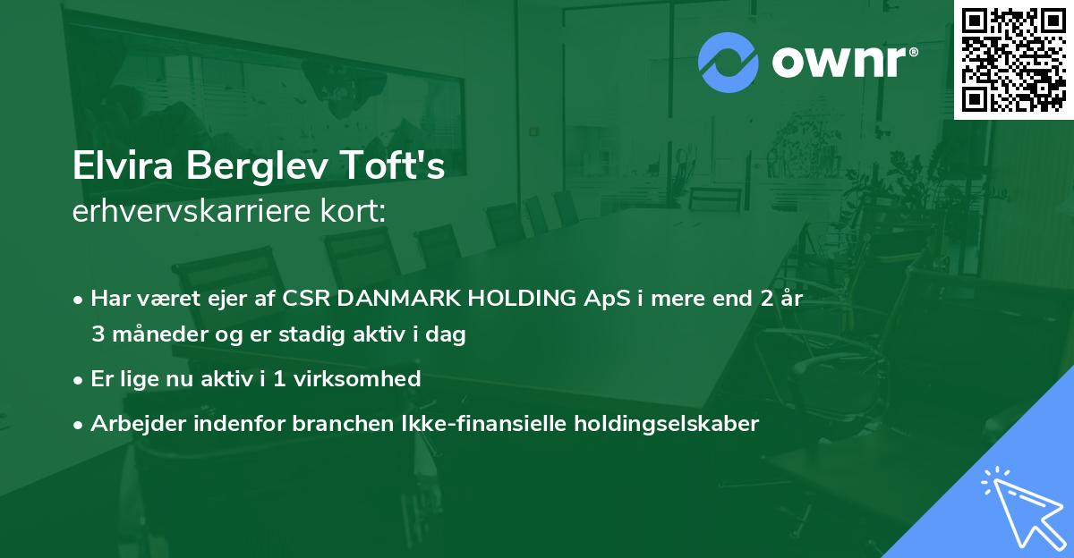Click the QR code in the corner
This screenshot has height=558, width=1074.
pyautogui.click(x=1013, y=59)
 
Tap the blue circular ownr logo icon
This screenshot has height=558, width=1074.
pyautogui.click(x=728, y=63)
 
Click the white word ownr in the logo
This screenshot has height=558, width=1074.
pyautogui.click(x=839, y=62)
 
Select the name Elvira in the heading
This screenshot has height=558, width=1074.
pyautogui.click(x=123, y=165)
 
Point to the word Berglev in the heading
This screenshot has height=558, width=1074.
pyautogui.click(x=257, y=166)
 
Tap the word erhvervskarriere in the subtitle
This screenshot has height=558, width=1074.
pyautogui.click(x=192, y=211)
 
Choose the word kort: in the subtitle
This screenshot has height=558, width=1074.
pyautogui.click(x=353, y=211)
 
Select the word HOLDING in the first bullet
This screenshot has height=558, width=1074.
pyautogui.click(x=522, y=299)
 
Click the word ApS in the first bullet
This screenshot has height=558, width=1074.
pyautogui.click(x=607, y=300)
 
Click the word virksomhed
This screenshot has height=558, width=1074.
pyautogui.click(x=357, y=379)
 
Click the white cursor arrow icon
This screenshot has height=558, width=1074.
pyautogui.click(x=1024, y=507)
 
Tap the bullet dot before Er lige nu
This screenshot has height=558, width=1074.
pyautogui.click(x=78, y=381)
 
